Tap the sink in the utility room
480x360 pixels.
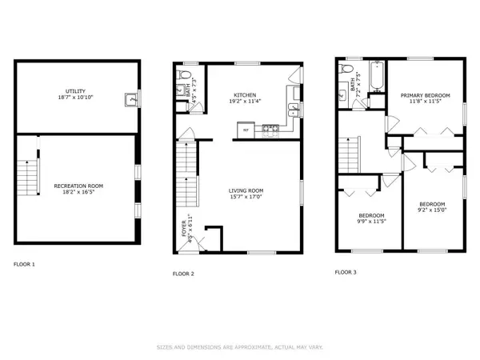click(129, 100)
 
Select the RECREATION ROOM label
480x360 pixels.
click(78, 186)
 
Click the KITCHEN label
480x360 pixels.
click(245, 94)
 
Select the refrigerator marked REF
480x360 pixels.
click(245, 128)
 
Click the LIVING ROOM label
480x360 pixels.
click(246, 190)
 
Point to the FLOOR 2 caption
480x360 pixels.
click(184, 274)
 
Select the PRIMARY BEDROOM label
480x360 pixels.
click(425, 95)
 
